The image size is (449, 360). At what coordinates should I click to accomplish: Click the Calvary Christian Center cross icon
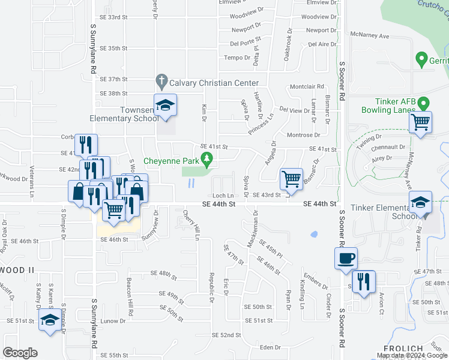tap(161, 80)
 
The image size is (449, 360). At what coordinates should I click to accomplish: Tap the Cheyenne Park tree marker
tap(208, 159)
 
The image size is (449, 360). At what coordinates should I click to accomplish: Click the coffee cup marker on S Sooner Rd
tap(346, 259)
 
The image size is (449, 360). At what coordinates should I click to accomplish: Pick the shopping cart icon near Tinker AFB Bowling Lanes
tap(421, 122)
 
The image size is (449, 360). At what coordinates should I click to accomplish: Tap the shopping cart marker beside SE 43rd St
tap(291, 178)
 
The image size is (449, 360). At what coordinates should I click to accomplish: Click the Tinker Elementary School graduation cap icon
tap(421, 203)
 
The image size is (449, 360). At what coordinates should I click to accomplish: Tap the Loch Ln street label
tap(221, 196)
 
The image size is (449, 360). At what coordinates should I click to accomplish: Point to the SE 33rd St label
tap(114, 17)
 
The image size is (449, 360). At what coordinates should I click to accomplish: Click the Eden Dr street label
tap(270, 347)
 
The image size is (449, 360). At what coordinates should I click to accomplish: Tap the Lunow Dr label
tap(113, 321)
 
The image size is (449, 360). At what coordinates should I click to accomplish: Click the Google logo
tap(20, 352)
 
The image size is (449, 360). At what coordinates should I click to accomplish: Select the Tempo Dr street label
tap(237, 58)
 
